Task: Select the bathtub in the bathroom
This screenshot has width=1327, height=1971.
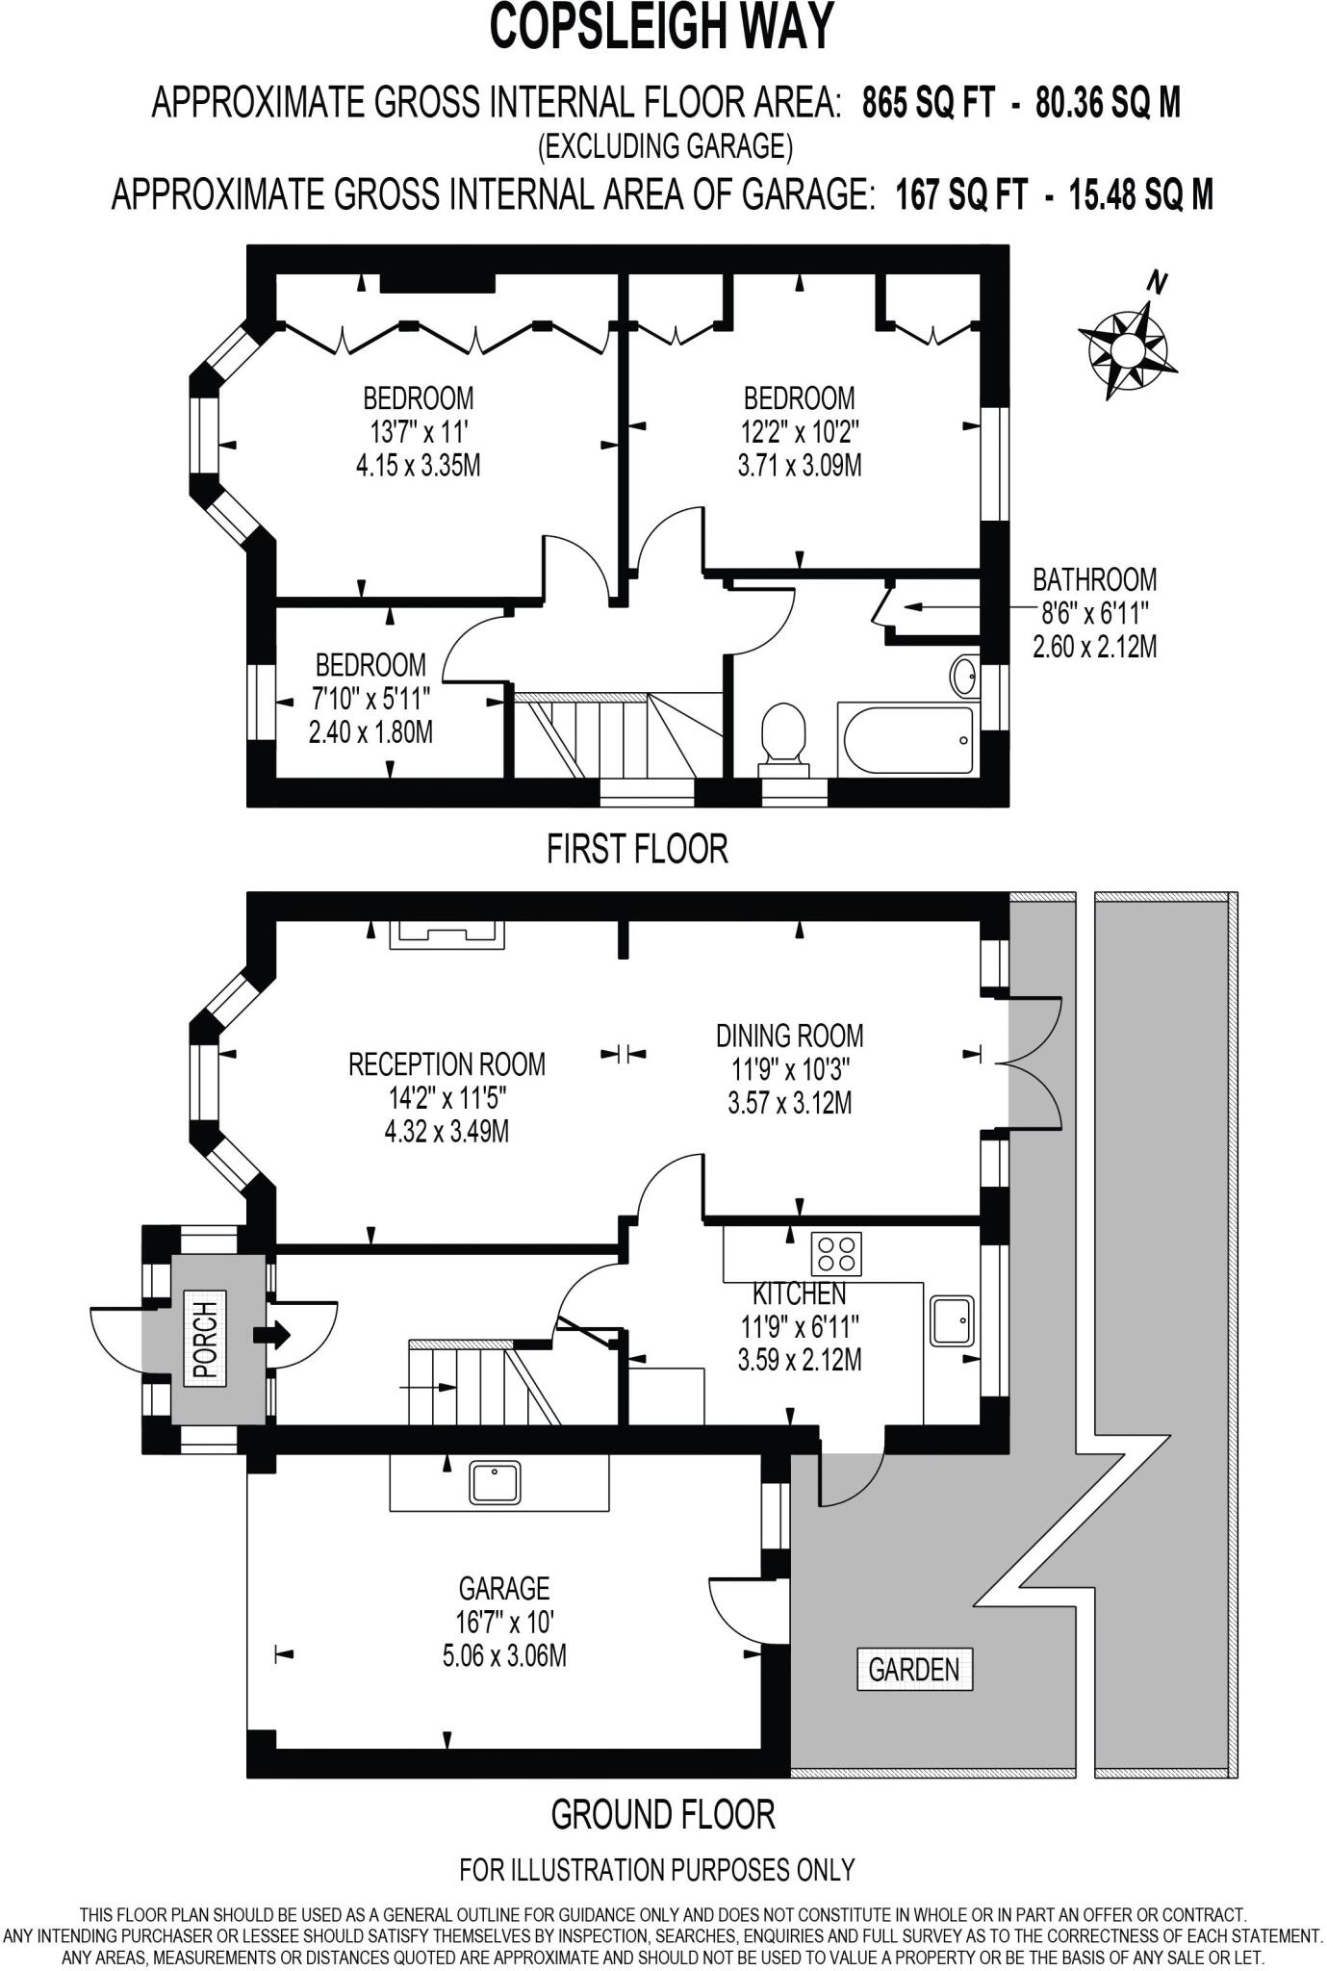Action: [907, 739]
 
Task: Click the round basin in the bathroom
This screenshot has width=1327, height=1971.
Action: [963, 676]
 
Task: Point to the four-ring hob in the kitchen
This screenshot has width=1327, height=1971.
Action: [835, 1254]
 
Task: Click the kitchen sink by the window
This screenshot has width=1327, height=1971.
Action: [953, 1320]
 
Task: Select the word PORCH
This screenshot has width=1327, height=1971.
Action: [205, 1339]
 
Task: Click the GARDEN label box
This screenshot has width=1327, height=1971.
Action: [914, 1670]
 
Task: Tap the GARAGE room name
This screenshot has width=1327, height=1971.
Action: [504, 1588]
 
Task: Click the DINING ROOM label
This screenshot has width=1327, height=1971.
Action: [789, 1036]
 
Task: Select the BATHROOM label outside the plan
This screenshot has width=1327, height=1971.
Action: [1094, 579]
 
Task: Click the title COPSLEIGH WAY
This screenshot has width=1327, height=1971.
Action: [662, 28]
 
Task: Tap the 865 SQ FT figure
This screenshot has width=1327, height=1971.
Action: [927, 102]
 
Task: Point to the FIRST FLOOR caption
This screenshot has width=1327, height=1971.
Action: [637, 849]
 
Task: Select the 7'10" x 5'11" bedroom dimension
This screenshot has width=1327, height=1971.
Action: [370, 698]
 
